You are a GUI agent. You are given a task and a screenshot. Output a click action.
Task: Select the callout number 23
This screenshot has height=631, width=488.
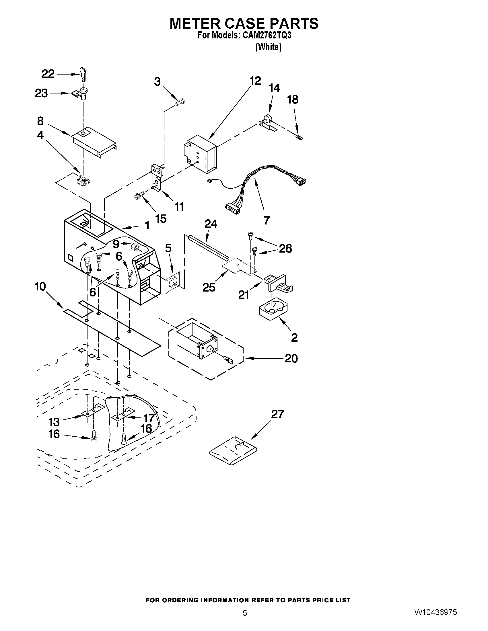click(41, 93)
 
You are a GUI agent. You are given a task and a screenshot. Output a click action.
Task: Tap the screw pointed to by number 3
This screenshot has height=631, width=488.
click(180, 102)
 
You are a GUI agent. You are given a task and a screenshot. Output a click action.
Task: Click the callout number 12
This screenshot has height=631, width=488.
click(255, 81)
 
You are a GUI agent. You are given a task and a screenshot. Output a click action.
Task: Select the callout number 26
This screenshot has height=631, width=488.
click(285, 249)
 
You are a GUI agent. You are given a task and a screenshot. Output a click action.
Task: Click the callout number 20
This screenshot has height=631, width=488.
click(291, 359)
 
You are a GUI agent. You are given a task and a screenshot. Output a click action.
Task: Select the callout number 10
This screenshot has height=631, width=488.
click(40, 287)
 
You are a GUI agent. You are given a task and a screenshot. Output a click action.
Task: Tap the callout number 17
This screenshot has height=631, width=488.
click(149, 418)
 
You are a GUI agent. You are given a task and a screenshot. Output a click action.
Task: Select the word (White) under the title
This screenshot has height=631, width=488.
click(268, 47)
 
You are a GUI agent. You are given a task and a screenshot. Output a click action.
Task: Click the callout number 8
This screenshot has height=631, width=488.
click(40, 121)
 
